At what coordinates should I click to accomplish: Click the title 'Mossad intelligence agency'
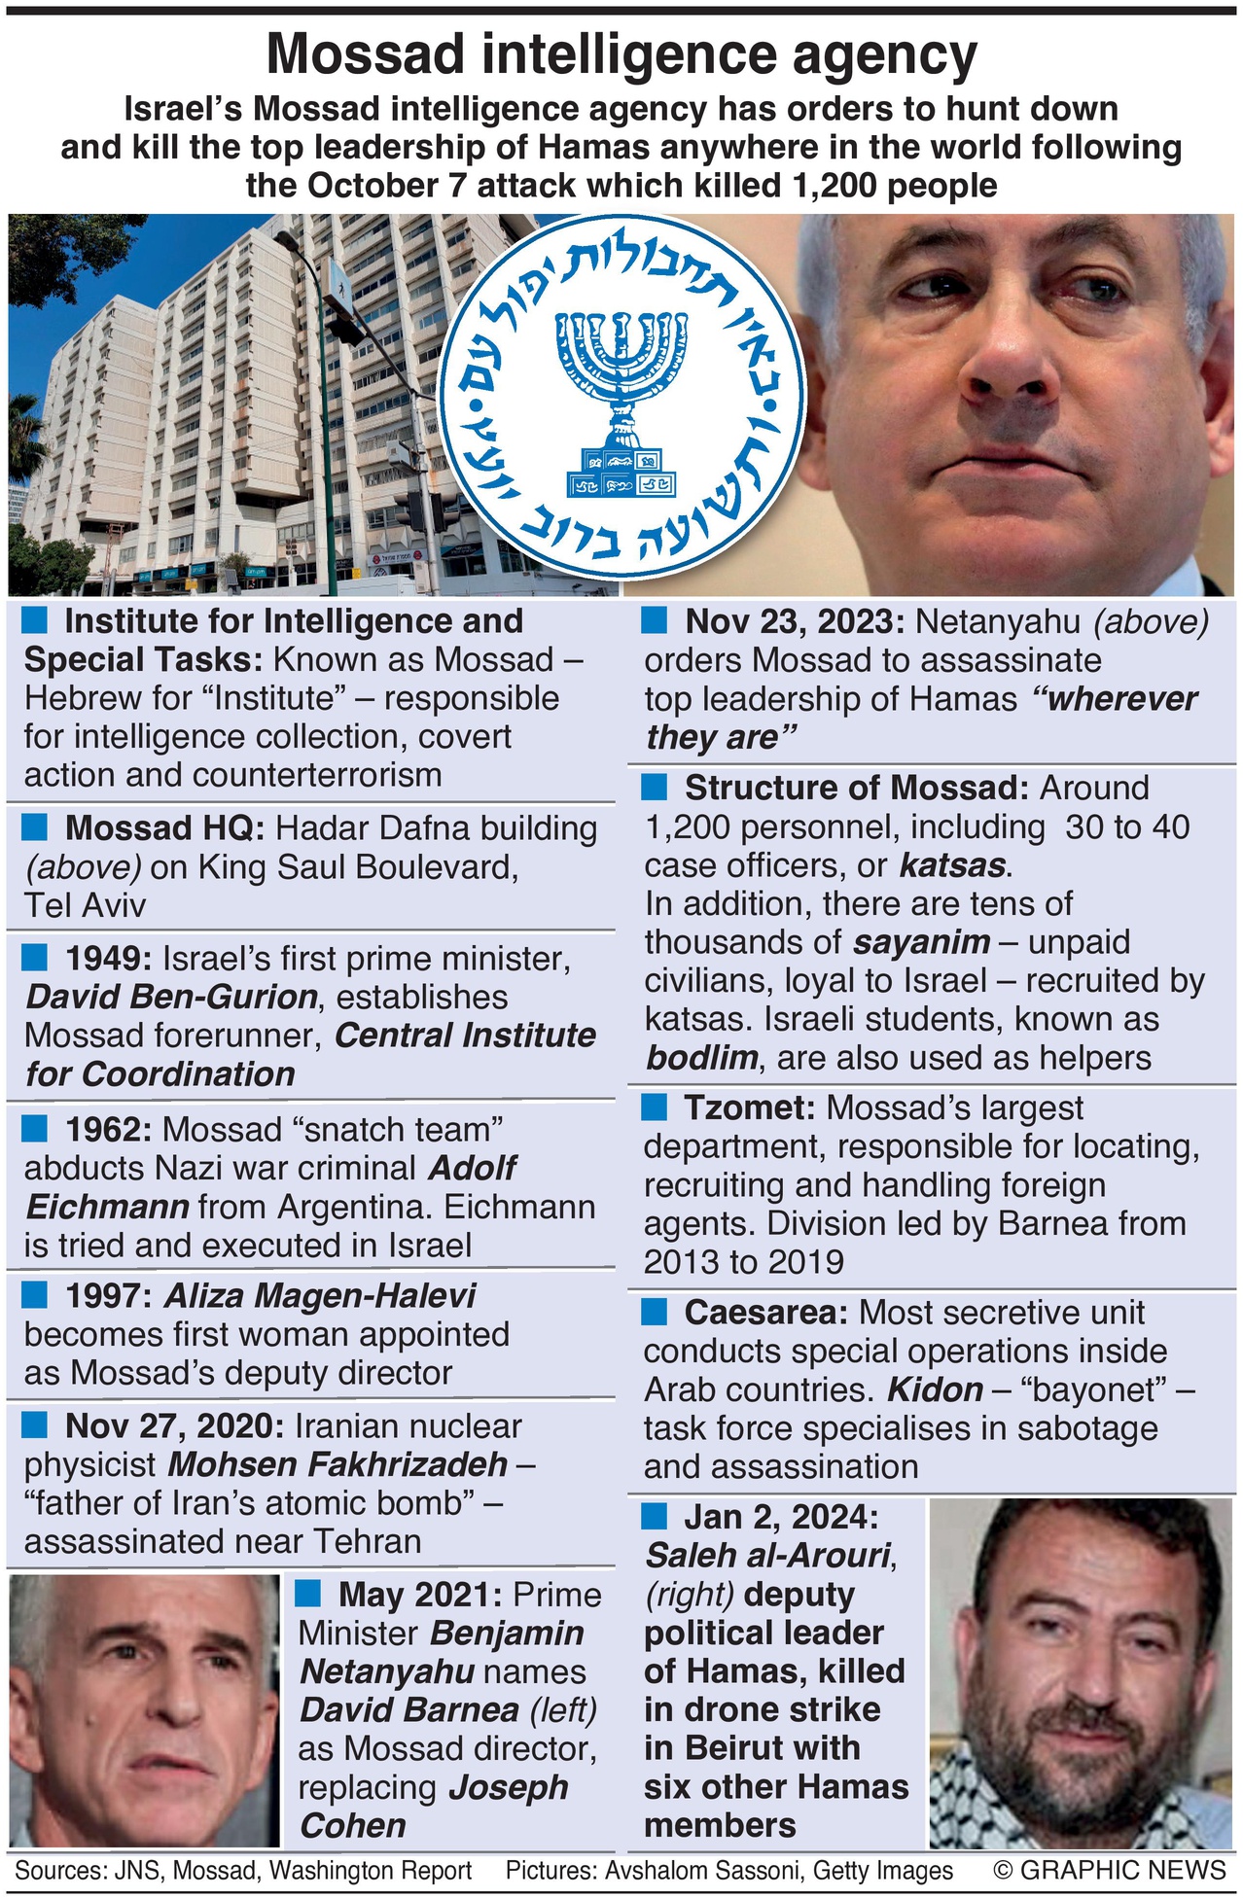click(x=621, y=55)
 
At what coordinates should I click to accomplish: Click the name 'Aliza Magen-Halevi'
click(x=320, y=1296)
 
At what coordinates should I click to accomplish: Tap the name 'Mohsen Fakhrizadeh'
click(x=337, y=1464)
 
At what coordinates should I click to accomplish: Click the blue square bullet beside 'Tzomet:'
click(x=655, y=1107)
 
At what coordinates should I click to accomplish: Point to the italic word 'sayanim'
click(x=921, y=942)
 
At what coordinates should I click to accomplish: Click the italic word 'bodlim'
click(x=702, y=1058)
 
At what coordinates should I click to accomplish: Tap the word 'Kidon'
click(x=935, y=1389)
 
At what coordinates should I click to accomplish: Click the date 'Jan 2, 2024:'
click(x=781, y=1517)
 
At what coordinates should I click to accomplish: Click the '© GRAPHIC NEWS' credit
click(x=1109, y=1870)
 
